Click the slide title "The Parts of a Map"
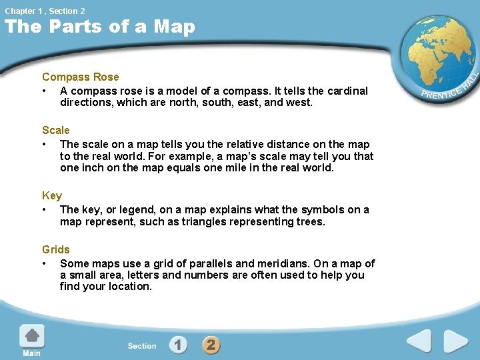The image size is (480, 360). pos(100,27)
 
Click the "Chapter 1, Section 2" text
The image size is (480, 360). pos(45,11)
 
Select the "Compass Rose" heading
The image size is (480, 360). pos(80,77)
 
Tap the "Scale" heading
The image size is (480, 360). pos(55,131)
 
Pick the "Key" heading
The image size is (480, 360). pos(52,196)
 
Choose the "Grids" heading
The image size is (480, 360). pos(56,250)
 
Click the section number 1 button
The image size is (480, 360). pos(178,345)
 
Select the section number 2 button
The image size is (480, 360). pos(211,345)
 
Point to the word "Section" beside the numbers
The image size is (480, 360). pos(142,346)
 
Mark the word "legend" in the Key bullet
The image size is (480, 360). pos(133,210)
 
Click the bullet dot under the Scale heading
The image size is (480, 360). pos(45,145)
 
